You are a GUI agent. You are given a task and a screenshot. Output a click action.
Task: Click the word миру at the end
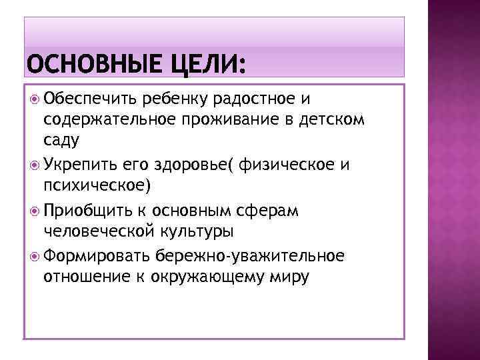(x=290, y=278)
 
